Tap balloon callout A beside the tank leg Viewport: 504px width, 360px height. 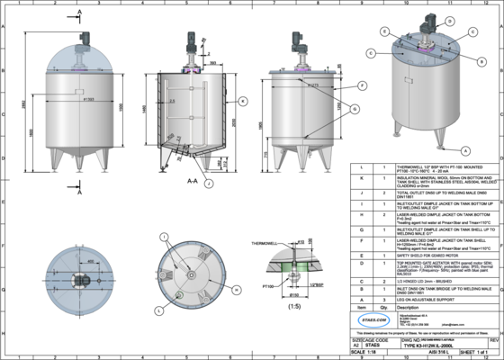coord(466,148)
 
